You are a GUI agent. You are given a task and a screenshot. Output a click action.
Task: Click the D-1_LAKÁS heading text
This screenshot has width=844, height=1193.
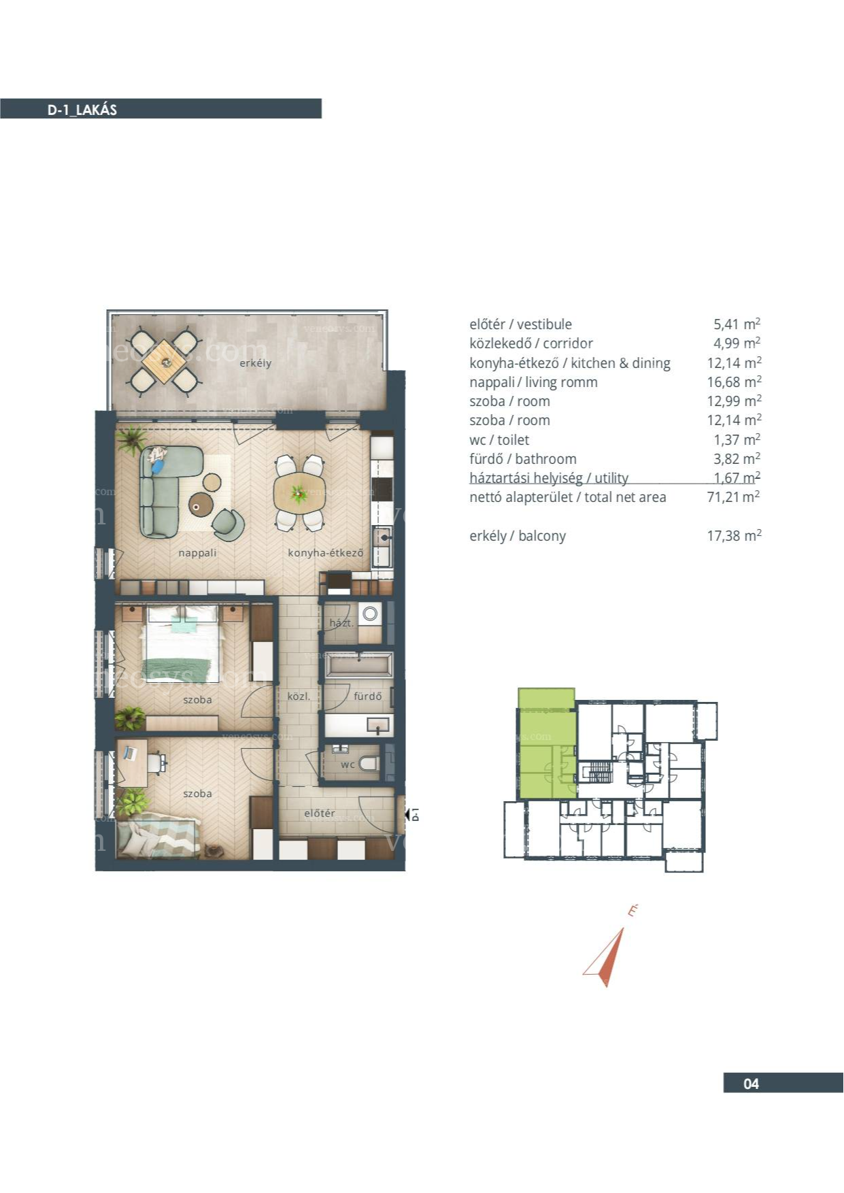point(82,110)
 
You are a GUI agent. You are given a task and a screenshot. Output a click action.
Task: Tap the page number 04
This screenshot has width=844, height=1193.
point(751,1083)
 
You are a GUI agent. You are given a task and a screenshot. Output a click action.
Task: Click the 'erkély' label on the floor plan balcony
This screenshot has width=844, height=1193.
point(255,363)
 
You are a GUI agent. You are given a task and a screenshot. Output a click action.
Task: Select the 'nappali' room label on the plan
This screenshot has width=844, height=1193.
point(197,553)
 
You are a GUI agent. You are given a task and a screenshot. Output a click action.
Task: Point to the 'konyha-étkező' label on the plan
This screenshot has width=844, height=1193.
point(325,553)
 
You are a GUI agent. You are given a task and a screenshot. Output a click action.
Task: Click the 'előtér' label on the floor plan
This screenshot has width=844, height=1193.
point(319,813)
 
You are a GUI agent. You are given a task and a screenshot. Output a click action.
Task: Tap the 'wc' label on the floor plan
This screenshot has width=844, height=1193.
point(348,764)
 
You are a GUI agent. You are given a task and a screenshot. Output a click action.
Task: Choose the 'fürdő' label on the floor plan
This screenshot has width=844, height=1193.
point(367,696)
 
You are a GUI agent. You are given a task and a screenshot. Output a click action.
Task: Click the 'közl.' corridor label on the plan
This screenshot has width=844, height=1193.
point(299,696)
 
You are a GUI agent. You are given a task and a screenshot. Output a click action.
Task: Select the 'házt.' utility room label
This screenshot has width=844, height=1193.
point(341,623)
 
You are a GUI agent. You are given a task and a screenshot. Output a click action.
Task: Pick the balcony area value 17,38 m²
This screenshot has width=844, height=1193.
point(734,535)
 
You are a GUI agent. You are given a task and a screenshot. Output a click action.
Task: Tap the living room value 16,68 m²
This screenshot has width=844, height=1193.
point(734,382)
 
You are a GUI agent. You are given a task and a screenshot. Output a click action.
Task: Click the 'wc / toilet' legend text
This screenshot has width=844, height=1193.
point(499,440)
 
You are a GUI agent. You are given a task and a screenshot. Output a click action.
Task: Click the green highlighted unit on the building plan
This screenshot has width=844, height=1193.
point(547,744)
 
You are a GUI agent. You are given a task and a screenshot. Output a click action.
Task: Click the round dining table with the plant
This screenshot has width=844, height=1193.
point(299,492)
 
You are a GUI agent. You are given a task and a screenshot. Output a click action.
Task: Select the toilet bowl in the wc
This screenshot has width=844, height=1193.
point(369,762)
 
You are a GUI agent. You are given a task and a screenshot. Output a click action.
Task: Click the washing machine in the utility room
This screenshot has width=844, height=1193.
point(369,614)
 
